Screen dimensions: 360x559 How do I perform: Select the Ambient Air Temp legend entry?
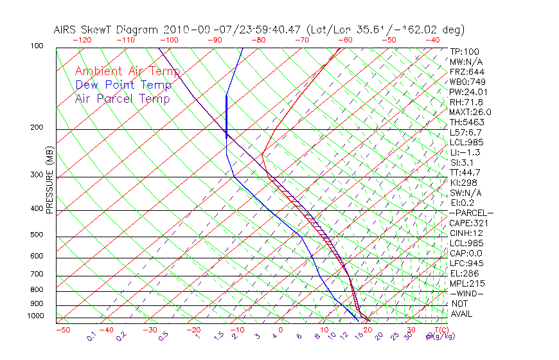pos(127,72)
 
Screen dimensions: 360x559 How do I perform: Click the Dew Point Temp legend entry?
pos(123,85)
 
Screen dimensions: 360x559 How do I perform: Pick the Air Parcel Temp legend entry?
pos(122,99)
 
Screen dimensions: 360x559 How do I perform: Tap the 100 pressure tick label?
pos(37,46)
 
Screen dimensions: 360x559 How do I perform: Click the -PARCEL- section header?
pos(471,213)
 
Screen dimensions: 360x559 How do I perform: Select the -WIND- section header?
pos(466,293)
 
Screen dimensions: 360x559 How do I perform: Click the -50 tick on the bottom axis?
pos(62,330)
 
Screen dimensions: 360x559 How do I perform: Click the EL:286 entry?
pos(463,273)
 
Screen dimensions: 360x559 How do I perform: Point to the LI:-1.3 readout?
pos(464,152)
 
